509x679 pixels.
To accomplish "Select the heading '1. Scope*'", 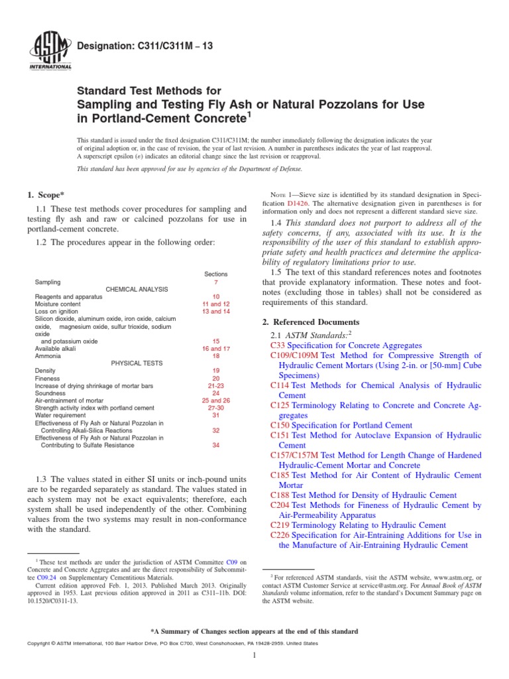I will click(47, 194).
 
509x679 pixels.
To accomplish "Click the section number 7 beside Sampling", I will click(216, 282).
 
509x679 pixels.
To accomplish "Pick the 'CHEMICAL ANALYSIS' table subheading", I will click(137, 289).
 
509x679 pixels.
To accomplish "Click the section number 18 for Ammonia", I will click(216, 356).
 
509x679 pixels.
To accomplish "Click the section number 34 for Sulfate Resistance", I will click(216, 445).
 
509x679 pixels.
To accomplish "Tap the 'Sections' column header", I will click(216, 273).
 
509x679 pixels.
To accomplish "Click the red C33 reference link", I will click(278, 345).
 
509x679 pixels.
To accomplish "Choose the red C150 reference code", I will click(280, 425).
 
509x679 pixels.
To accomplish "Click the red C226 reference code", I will click(280, 534).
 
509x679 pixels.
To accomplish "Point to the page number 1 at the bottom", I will click(254, 655).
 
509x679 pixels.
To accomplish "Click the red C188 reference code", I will click(280, 495).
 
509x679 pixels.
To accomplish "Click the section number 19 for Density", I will click(216, 370).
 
